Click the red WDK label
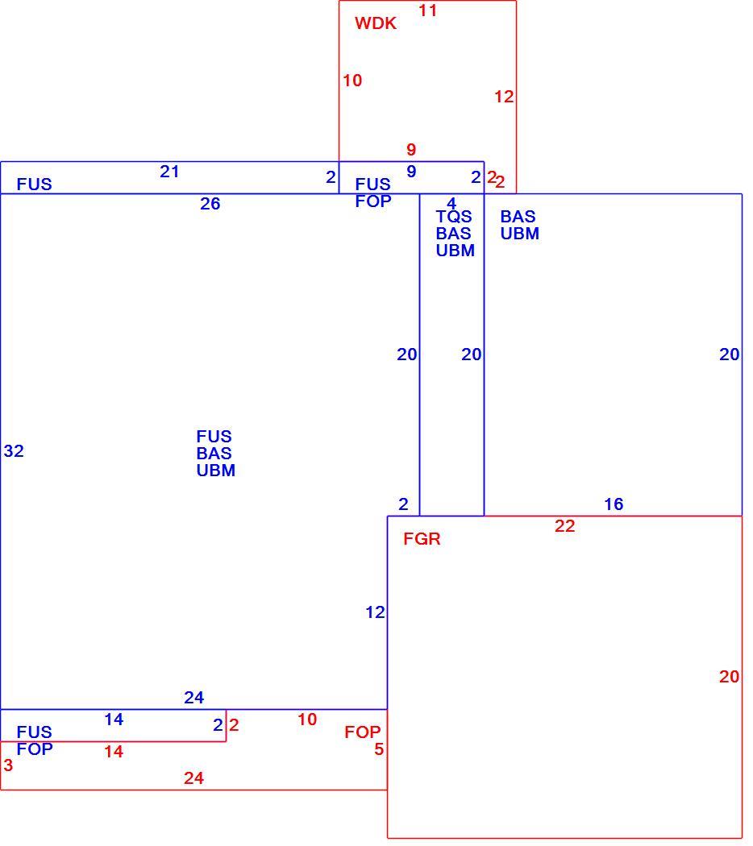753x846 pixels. click(x=376, y=23)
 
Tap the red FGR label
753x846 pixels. click(x=422, y=538)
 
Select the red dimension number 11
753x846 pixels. click(x=427, y=10)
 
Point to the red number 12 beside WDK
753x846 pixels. click(x=504, y=97)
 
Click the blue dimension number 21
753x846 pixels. click(x=169, y=172)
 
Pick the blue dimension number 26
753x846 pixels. click(x=210, y=204)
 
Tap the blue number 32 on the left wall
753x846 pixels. click(x=14, y=451)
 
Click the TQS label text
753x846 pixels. click(x=454, y=217)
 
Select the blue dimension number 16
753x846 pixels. click(x=614, y=504)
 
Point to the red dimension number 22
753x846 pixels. click(x=564, y=526)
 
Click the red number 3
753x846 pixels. click(x=8, y=765)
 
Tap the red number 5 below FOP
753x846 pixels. click(x=379, y=749)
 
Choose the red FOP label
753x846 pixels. click(x=363, y=732)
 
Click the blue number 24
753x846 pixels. click(x=193, y=698)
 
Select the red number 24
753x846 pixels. click(x=193, y=778)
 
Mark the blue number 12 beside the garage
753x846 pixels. click(x=375, y=612)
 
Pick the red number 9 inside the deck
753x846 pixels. click(x=411, y=149)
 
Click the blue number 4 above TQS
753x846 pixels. click(x=451, y=203)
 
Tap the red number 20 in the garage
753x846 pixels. click(x=730, y=677)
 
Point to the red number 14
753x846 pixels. click(x=114, y=752)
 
